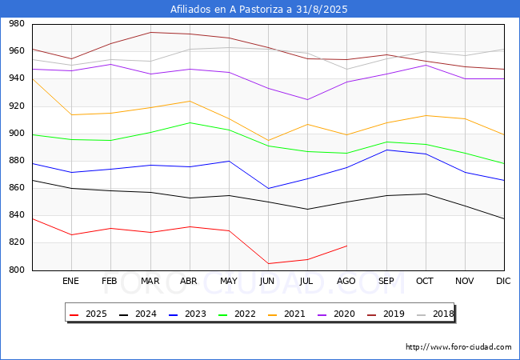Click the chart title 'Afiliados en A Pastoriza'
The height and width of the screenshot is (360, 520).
point(259,10)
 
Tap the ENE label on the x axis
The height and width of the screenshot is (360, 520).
point(71,282)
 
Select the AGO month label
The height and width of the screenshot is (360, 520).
point(346,282)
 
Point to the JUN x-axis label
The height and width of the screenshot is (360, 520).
point(268,282)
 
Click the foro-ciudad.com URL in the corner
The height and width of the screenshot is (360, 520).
point(458,347)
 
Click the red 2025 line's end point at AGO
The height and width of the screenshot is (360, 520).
point(346,246)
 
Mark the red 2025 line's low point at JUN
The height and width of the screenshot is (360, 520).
point(268,263)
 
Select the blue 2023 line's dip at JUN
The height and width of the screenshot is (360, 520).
point(268,188)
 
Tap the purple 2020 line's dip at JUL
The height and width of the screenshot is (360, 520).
point(307,99)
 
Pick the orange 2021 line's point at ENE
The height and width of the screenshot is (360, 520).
point(71,114)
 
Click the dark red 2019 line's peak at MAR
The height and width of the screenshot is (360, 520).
point(150,33)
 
